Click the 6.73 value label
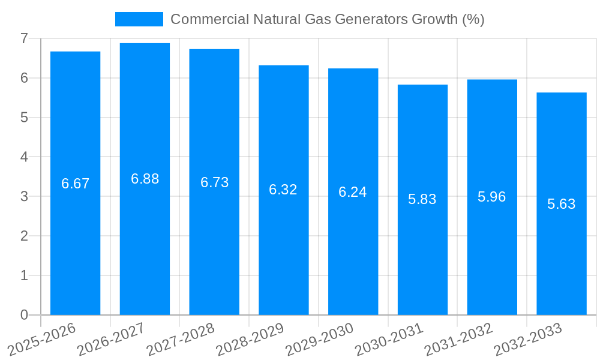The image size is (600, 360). pyautogui.click(x=214, y=182)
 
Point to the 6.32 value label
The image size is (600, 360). pyautogui.click(x=283, y=190)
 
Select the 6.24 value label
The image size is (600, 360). pyautogui.click(x=353, y=192)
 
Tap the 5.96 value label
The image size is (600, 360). pyautogui.click(x=492, y=197)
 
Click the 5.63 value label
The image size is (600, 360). pyautogui.click(x=561, y=204)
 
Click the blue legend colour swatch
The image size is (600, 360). pyautogui.click(x=139, y=19)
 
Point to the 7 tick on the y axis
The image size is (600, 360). pyautogui.click(x=24, y=38)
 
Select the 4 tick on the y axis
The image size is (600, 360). pyautogui.click(x=24, y=157)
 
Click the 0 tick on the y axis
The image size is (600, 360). pyautogui.click(x=24, y=315)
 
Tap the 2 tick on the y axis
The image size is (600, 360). pyautogui.click(x=24, y=236)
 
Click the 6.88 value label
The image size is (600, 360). pyautogui.click(x=145, y=179)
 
